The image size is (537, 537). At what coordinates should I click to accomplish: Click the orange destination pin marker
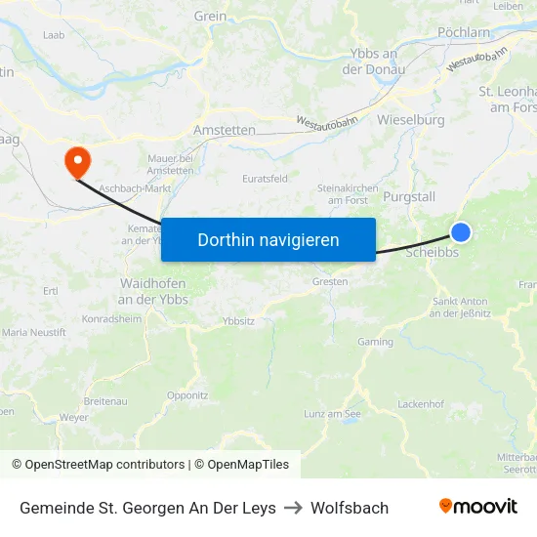[75, 160]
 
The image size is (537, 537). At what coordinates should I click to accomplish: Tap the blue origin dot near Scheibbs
[461, 231]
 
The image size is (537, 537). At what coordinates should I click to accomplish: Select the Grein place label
[210, 16]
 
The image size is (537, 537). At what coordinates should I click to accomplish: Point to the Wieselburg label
[410, 119]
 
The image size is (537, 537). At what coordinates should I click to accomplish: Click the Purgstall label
[409, 196]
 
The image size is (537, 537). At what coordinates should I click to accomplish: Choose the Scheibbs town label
[432, 251]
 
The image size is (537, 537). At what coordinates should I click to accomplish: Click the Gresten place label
[330, 281]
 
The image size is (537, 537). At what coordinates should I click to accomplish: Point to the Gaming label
[375, 342]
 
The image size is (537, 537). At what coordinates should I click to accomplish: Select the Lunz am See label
[332, 414]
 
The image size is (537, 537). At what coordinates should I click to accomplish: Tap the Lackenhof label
[422, 403]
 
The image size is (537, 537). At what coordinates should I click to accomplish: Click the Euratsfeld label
[265, 179]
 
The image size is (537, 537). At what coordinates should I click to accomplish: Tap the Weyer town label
[74, 417]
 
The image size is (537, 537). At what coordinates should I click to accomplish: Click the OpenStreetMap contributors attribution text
[104, 465]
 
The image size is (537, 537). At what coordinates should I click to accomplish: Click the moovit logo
[478, 507]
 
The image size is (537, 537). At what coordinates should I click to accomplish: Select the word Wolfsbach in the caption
[350, 508]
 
